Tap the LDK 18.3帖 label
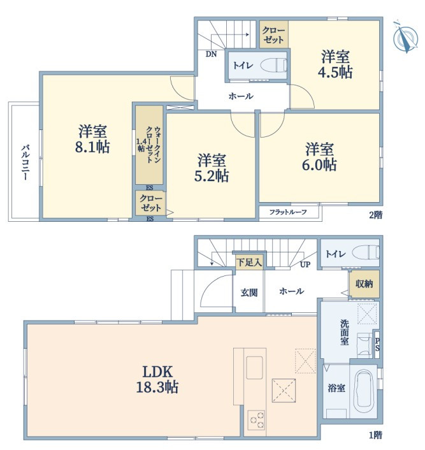pos(157,380)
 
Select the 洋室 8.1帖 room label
pos(92,139)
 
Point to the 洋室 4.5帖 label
pos(335,64)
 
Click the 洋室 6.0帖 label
pos(319,157)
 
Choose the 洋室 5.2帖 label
pos(212,168)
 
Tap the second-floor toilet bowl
pos(273,65)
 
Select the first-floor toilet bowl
pos(366,252)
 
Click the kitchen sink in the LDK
pos(254,368)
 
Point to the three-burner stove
pos(256,420)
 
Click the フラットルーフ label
pos(288,212)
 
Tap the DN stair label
pos(211,54)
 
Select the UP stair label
pos(305,265)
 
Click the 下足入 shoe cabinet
pos(249,262)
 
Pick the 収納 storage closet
pos(364,284)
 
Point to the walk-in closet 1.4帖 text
pos(149,145)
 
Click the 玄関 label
pos(249,293)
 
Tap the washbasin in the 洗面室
pos(364,343)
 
